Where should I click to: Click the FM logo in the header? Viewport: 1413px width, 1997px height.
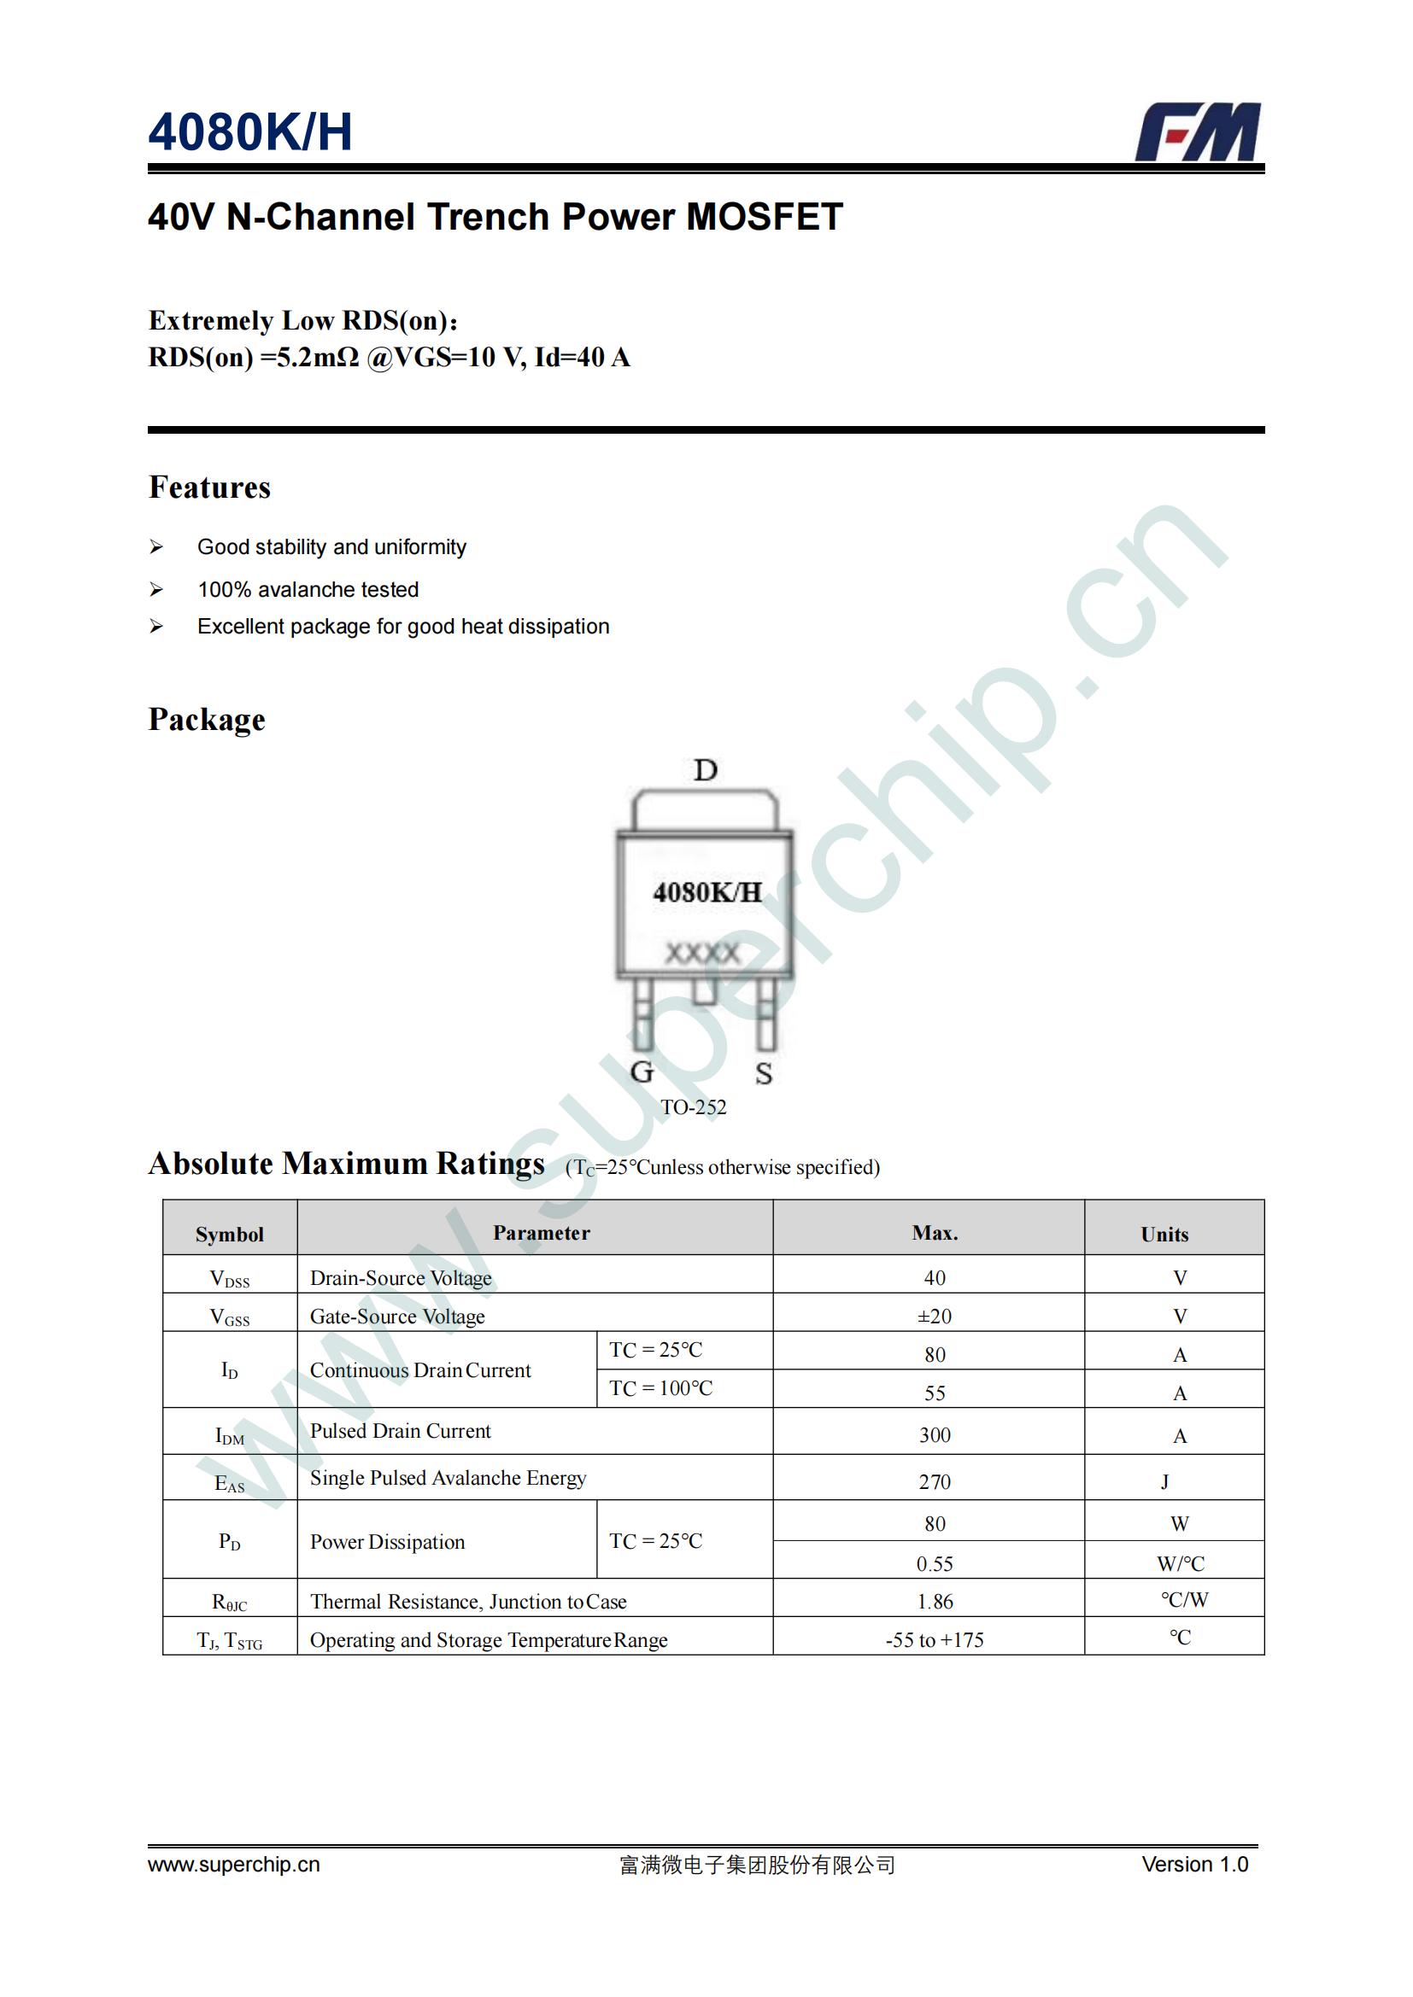click(x=1197, y=132)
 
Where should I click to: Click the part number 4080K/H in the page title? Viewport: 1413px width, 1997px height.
click(x=250, y=132)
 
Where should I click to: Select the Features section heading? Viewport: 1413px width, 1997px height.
click(x=209, y=487)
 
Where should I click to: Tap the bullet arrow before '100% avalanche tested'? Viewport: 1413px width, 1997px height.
click(x=156, y=590)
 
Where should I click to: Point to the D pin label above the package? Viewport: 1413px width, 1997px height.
click(x=706, y=770)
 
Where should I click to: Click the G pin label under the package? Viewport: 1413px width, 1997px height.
click(x=642, y=1071)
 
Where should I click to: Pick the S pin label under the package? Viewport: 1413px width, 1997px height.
click(x=764, y=1073)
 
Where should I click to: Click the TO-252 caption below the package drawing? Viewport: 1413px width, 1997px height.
click(x=694, y=1107)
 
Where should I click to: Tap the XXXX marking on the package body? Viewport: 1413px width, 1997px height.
click(x=703, y=954)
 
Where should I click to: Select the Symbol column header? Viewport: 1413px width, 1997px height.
click(x=230, y=1235)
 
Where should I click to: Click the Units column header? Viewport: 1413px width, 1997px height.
click(x=1164, y=1235)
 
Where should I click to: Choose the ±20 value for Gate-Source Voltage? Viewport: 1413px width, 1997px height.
click(x=935, y=1316)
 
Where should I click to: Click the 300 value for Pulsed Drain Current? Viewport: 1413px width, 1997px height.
click(x=935, y=1435)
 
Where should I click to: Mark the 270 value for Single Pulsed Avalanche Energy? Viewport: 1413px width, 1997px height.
click(x=935, y=1482)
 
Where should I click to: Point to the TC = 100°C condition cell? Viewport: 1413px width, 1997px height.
click(x=660, y=1388)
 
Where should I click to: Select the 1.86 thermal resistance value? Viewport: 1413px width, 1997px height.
click(x=935, y=1601)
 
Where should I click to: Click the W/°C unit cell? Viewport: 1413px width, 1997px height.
click(x=1180, y=1564)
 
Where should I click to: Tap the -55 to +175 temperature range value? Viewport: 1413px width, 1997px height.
click(x=935, y=1639)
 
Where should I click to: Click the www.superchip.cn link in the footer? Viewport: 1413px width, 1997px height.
click(x=234, y=1864)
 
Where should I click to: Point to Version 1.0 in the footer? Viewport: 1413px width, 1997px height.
click(x=1194, y=1864)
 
